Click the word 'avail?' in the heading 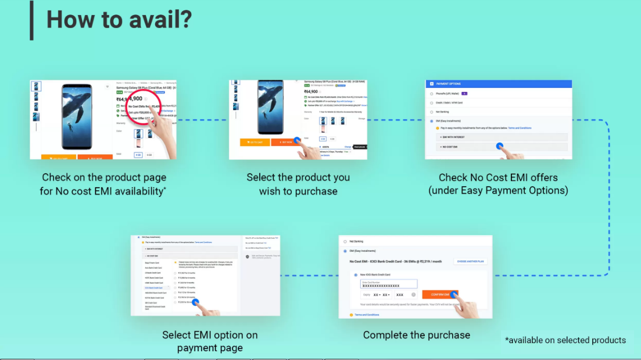click(156, 20)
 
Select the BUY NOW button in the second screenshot click(285, 141)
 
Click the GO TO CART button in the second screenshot click(255, 141)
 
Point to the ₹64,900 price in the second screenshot click(311, 91)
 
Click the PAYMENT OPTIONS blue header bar click(499, 84)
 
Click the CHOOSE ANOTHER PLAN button click(470, 262)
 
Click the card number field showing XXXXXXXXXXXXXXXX click(388, 284)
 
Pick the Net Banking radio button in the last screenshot click(345, 241)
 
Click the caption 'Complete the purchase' click(416, 335)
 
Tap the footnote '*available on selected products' click(565, 340)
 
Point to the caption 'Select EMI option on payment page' click(210, 341)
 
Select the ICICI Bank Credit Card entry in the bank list click(153, 287)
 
